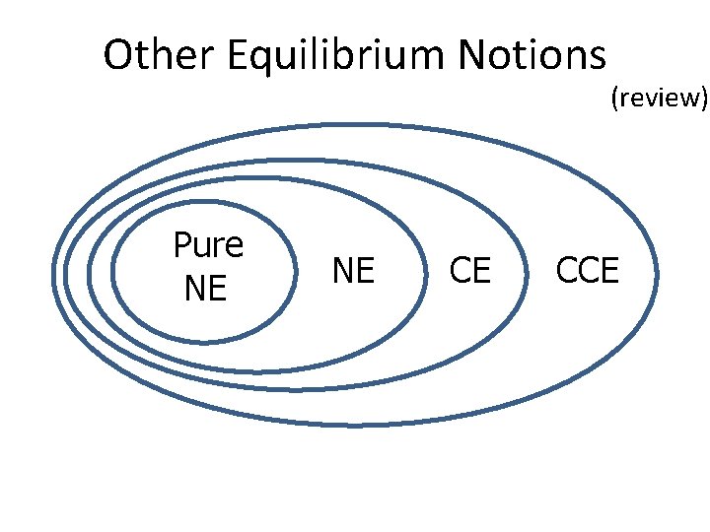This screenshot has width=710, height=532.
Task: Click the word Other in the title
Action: click(x=160, y=56)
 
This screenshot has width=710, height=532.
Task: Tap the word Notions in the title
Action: click(x=533, y=56)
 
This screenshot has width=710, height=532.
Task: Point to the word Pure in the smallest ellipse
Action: click(x=208, y=245)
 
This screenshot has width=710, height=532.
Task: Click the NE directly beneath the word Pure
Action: click(x=205, y=290)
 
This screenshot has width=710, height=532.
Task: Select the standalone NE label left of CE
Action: click(x=353, y=270)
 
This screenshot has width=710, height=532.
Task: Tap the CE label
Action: click(x=469, y=270)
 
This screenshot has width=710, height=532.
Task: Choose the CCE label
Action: click(x=588, y=270)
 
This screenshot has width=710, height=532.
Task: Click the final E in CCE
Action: click(x=609, y=270)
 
